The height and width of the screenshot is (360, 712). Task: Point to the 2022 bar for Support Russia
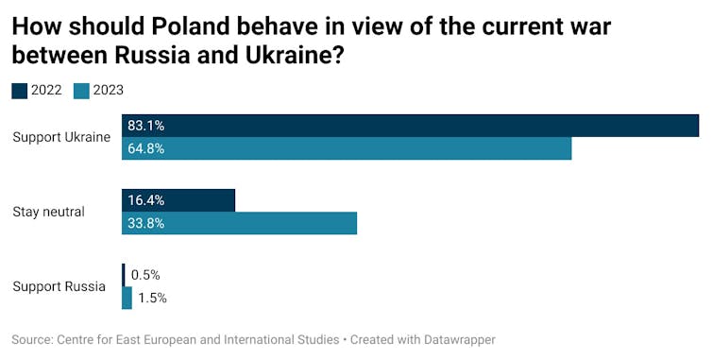pyautogui.click(x=123, y=275)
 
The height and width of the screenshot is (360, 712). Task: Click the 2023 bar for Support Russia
pyautogui.click(x=127, y=298)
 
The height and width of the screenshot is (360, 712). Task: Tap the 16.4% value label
pyautogui.click(x=146, y=200)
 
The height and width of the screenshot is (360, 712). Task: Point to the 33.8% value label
pyautogui.click(x=146, y=223)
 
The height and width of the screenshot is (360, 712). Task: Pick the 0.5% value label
pyautogui.click(x=145, y=275)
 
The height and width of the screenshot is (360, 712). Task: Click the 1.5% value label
pyautogui.click(x=152, y=298)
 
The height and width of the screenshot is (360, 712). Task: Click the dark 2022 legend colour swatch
pyautogui.click(x=19, y=91)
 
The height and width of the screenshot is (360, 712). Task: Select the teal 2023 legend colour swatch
pyautogui.click(x=81, y=91)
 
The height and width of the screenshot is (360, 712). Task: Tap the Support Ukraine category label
pyautogui.click(x=61, y=137)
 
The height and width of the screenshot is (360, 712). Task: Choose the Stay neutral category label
pyautogui.click(x=48, y=212)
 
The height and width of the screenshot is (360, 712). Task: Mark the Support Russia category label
pyautogui.click(x=59, y=286)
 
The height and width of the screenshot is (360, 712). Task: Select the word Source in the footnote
pyautogui.click(x=31, y=339)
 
